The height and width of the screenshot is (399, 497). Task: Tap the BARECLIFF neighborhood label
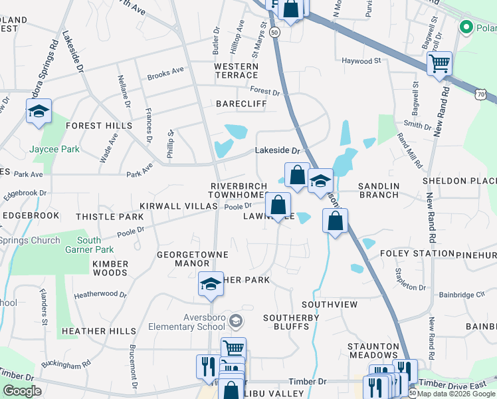click(241, 104)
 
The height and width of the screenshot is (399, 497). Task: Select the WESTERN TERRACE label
click(236, 71)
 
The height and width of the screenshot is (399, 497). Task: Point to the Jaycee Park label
click(54, 150)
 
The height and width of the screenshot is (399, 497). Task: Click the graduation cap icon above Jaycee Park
click(39, 111)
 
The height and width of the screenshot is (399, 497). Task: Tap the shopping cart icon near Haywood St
click(439, 65)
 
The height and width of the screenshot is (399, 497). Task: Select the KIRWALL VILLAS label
click(178, 207)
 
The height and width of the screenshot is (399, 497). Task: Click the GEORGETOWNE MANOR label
click(193, 259)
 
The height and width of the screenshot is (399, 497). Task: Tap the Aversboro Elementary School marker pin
click(235, 322)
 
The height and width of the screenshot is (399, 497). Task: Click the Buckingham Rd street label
click(66, 364)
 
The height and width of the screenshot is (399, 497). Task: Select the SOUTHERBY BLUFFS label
click(291, 323)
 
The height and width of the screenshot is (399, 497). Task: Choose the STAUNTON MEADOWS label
click(374, 352)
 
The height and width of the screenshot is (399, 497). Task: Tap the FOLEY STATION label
click(417, 254)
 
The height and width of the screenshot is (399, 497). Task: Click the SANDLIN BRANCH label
click(378, 190)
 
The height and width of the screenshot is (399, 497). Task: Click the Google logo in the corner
click(23, 390)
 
